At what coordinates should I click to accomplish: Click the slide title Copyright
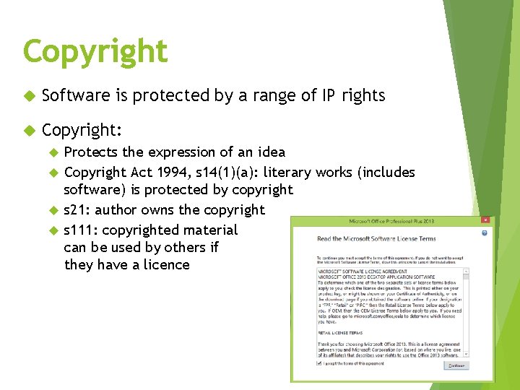click(95, 51)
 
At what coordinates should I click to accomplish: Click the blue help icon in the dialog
click(485, 233)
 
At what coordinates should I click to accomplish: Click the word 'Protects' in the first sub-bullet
click(90, 152)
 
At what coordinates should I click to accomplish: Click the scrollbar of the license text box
click(467, 311)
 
